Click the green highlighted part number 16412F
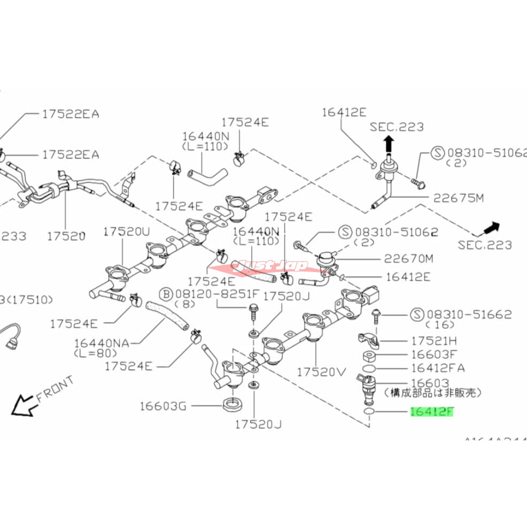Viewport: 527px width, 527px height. click(x=431, y=412)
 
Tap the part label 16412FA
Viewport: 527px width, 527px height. click(x=437, y=368)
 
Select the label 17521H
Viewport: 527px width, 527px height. click(x=434, y=340)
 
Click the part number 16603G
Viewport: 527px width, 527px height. click(x=163, y=406)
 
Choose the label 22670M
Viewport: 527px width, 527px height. click(x=409, y=259)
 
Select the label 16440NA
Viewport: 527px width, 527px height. click(x=103, y=343)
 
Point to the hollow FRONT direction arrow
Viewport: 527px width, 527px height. click(x=22, y=405)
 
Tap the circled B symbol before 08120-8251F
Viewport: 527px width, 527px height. click(x=166, y=294)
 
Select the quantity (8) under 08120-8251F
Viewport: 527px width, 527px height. click(x=190, y=305)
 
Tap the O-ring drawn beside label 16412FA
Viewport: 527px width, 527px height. click(x=367, y=368)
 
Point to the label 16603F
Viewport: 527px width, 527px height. click(x=434, y=354)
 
